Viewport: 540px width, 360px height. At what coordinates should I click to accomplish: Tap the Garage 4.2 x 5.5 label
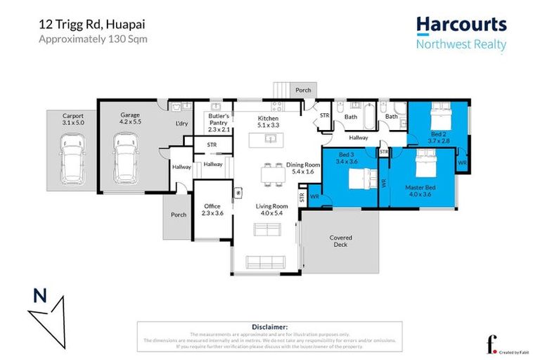(x=130, y=118)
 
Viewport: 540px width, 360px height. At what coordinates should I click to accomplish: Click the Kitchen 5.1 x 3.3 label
(x=268, y=122)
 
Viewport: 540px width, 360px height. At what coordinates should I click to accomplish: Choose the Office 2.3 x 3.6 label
(x=213, y=210)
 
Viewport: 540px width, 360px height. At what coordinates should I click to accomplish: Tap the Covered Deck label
(x=340, y=242)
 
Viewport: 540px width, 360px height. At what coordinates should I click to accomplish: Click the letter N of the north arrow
(x=40, y=296)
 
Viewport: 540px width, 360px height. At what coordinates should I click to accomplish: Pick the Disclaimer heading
(x=269, y=327)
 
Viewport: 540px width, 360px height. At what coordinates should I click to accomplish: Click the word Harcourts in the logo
(x=461, y=25)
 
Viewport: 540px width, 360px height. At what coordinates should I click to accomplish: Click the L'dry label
(x=181, y=124)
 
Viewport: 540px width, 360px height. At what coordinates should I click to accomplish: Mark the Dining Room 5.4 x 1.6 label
(x=303, y=167)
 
